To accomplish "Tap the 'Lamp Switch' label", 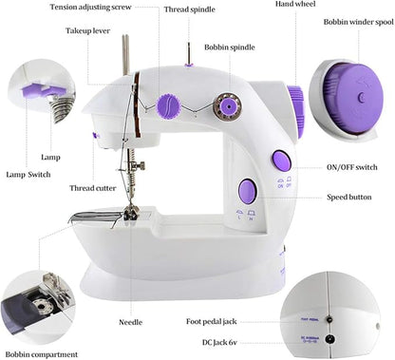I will point(28,175).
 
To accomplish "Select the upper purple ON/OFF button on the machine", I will point(281,161).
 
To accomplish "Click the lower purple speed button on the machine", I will point(245,189).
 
